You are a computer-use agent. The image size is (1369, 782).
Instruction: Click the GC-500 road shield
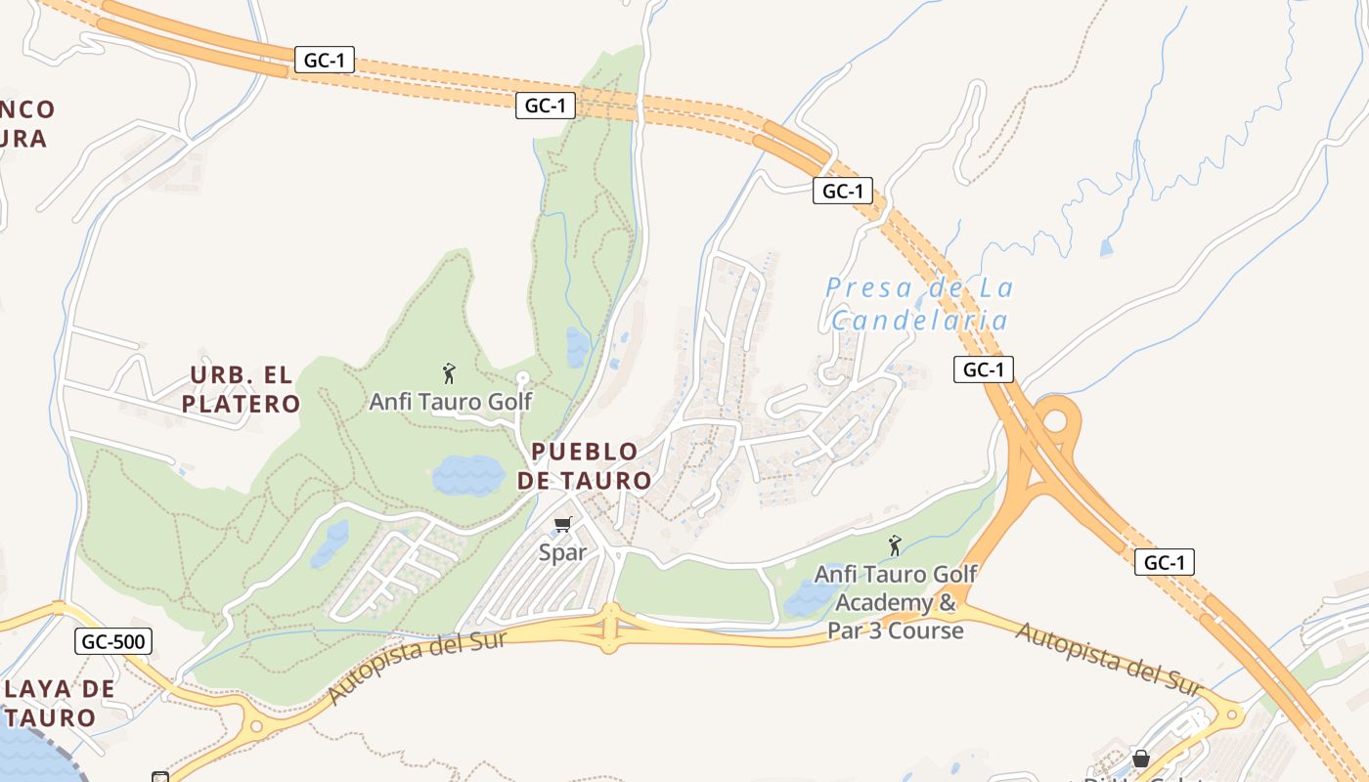(x=113, y=642)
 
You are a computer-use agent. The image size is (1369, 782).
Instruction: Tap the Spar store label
(x=562, y=552)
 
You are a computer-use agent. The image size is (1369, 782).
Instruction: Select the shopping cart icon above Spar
(x=562, y=525)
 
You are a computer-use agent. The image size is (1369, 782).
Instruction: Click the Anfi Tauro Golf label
(x=450, y=401)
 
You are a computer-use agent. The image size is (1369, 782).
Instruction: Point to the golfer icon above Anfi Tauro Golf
(x=449, y=372)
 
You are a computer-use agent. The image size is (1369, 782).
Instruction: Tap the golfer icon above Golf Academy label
(x=894, y=545)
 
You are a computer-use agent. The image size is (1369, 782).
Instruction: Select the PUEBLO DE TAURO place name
(x=584, y=465)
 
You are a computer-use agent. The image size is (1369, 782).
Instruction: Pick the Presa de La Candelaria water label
(x=918, y=303)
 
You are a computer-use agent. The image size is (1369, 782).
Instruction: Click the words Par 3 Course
(x=895, y=630)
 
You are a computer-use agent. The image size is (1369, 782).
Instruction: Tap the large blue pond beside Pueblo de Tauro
(x=468, y=475)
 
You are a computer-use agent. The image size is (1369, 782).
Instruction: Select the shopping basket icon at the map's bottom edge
(x=1140, y=758)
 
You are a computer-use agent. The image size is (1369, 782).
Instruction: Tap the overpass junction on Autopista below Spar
(x=610, y=627)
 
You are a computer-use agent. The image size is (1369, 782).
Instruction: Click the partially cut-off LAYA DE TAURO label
(x=59, y=702)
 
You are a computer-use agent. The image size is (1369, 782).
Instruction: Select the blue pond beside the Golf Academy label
(x=806, y=598)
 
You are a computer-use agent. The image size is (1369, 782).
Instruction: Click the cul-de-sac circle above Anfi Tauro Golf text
(x=522, y=377)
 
